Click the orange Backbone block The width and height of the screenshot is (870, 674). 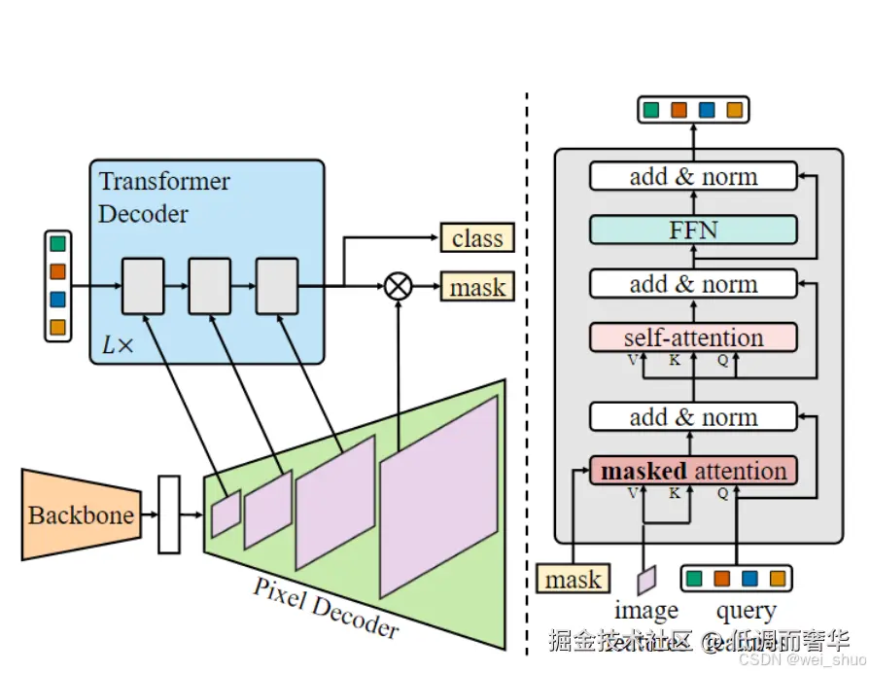pos(81,514)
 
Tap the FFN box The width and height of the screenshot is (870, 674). pos(693,231)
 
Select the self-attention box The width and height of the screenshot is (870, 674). pos(693,337)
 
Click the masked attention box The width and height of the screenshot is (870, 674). pos(693,471)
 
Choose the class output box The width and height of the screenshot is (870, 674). pos(477,238)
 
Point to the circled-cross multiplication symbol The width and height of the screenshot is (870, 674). pos(399,286)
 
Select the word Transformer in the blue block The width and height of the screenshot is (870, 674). pos(164,181)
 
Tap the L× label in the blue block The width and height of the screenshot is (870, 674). pos(118,345)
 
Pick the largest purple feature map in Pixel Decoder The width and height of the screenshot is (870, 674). pos(439,496)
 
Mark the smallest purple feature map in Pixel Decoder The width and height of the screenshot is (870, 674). pos(226,514)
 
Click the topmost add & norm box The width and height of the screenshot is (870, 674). pos(693,177)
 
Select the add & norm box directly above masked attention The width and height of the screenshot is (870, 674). pos(693,417)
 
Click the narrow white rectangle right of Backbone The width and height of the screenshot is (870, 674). pos(169,514)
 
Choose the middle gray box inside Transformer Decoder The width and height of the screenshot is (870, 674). pos(210,286)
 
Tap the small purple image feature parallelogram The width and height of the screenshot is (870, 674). pos(646,580)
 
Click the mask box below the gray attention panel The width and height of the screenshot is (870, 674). pos(573,580)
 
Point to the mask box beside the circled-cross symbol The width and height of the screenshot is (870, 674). pos(477,287)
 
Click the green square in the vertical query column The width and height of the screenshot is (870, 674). pos(58,244)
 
